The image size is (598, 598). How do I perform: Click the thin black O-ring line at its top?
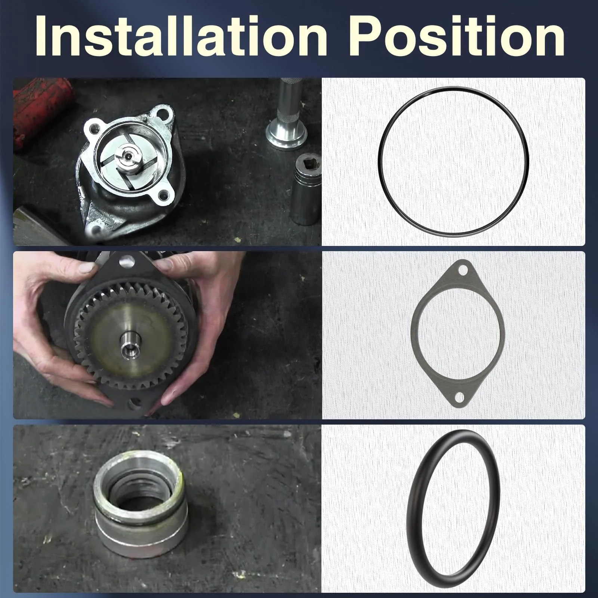[x=453, y=88]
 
